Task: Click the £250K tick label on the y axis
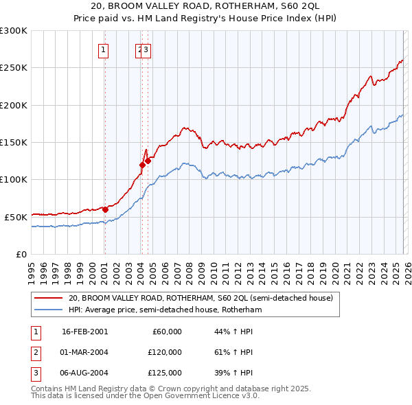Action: (14, 68)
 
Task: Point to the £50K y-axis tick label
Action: (16, 217)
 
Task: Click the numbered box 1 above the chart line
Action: (103, 49)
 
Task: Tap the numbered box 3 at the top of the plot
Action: (147, 49)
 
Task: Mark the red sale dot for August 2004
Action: (148, 161)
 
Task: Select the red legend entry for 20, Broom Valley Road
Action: (201, 298)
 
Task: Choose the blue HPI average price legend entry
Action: (165, 310)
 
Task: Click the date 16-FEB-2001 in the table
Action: (84, 332)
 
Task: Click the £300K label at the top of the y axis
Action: (14, 31)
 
